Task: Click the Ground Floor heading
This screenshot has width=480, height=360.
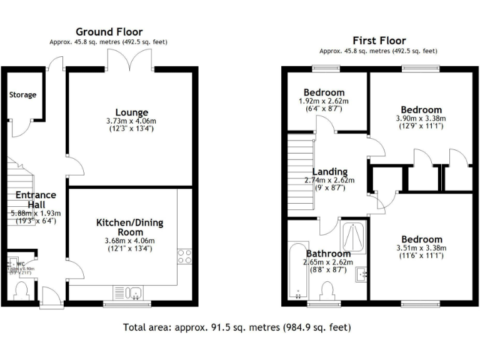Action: (109, 32)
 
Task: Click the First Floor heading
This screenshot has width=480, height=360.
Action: (379, 41)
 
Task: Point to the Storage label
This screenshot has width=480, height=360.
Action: (22, 95)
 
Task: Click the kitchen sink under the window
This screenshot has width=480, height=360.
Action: (128, 292)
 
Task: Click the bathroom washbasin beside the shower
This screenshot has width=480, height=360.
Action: (361, 273)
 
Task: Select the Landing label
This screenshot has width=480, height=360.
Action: (329, 172)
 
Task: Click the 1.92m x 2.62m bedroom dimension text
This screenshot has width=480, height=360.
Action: (324, 101)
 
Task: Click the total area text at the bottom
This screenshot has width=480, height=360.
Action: (237, 327)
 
